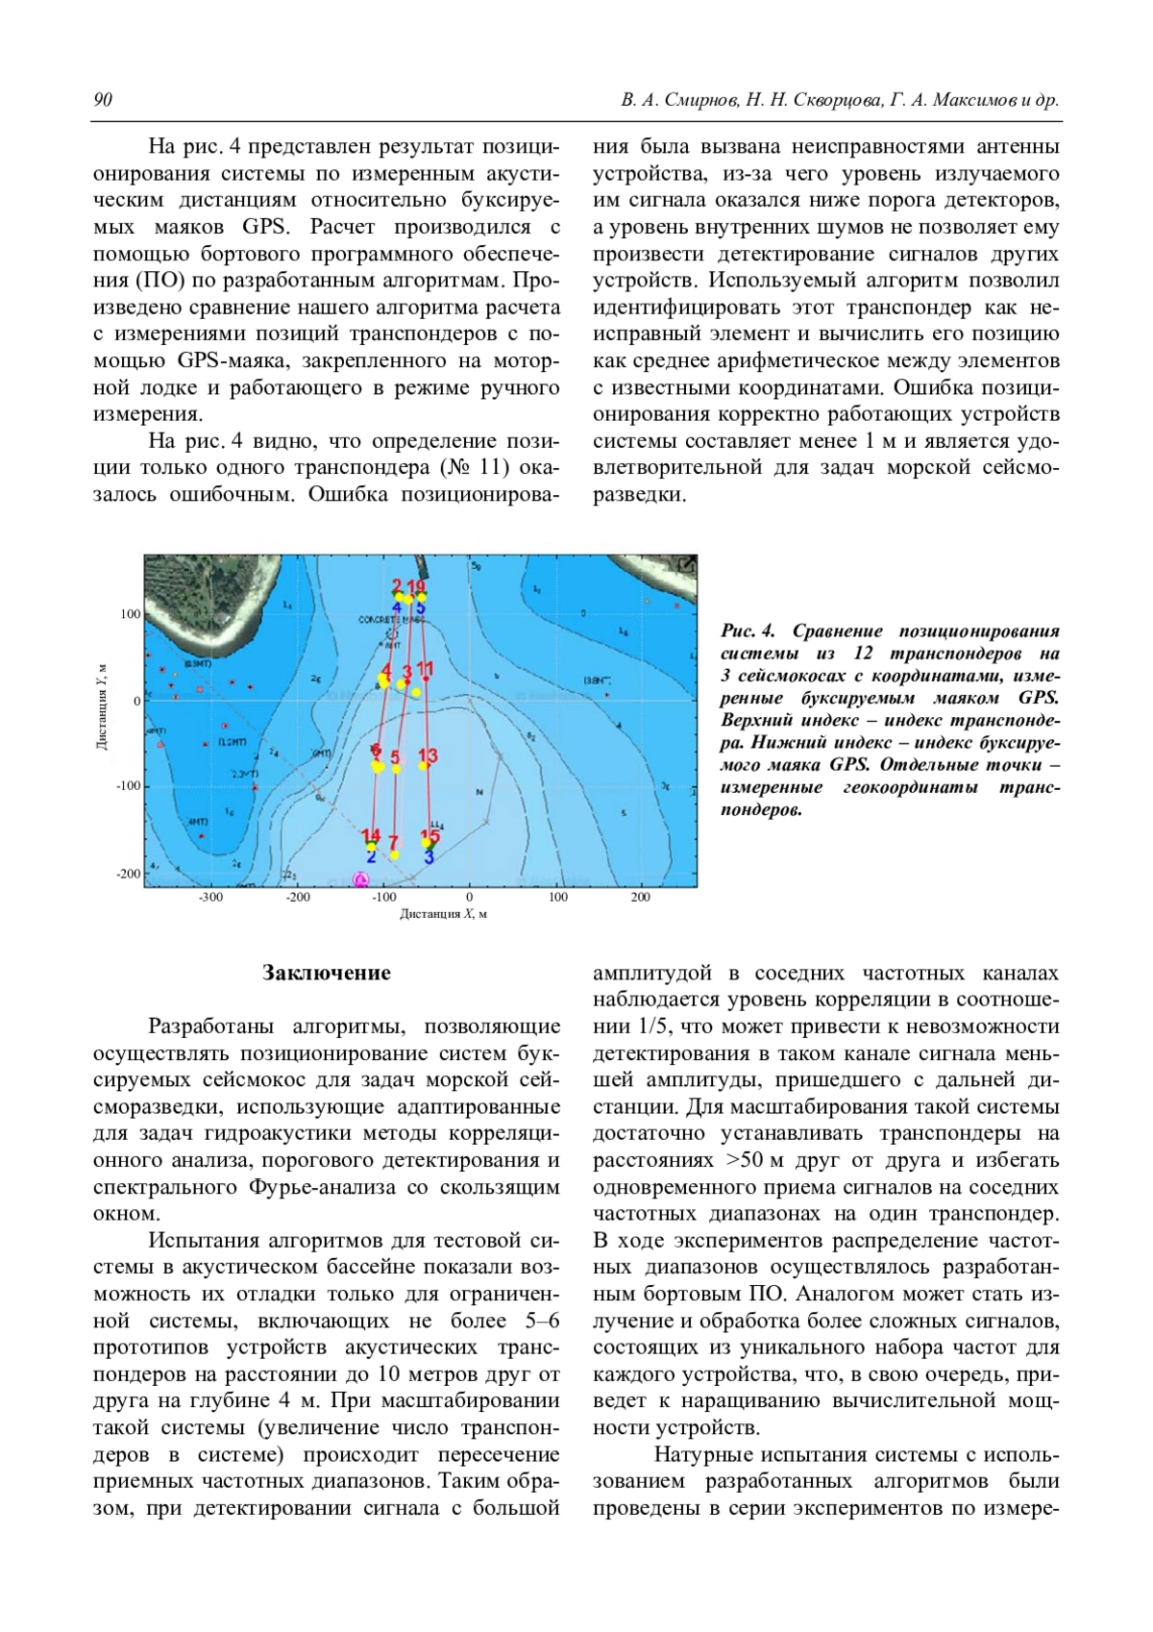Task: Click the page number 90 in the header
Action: click(x=103, y=101)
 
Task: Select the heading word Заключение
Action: click(x=327, y=973)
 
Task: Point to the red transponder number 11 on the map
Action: click(x=425, y=668)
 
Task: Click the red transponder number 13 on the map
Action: click(x=428, y=755)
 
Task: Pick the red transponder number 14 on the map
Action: click(x=371, y=836)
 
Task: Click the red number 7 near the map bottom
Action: click(x=392, y=843)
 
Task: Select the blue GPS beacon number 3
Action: click(x=429, y=855)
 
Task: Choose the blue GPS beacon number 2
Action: click(x=371, y=855)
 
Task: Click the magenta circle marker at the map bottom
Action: click(x=361, y=879)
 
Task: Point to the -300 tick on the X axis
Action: click(x=210, y=898)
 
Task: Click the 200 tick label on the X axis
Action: click(x=640, y=898)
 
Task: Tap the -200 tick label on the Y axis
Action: click(x=128, y=874)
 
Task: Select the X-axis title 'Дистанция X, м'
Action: click(x=443, y=914)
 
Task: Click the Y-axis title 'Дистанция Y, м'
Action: click(x=101, y=707)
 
